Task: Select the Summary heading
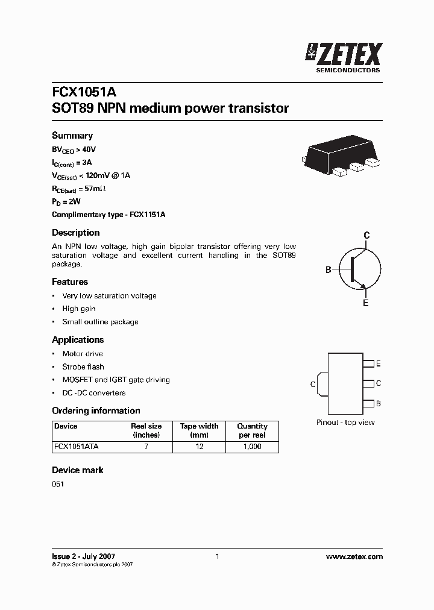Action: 72,136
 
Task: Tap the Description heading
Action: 75,233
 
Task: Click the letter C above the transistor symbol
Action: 366,235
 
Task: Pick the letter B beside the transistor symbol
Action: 329,269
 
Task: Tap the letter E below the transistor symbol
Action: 365,303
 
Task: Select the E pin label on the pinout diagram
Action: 378,363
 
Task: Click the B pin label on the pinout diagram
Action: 378,403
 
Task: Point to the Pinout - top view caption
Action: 345,423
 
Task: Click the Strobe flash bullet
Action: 83,366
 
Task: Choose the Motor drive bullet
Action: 83,354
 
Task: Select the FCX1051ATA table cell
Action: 77,447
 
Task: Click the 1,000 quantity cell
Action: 252,447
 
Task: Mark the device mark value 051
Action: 58,484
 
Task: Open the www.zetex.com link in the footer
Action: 354,556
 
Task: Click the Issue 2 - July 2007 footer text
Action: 83,556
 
